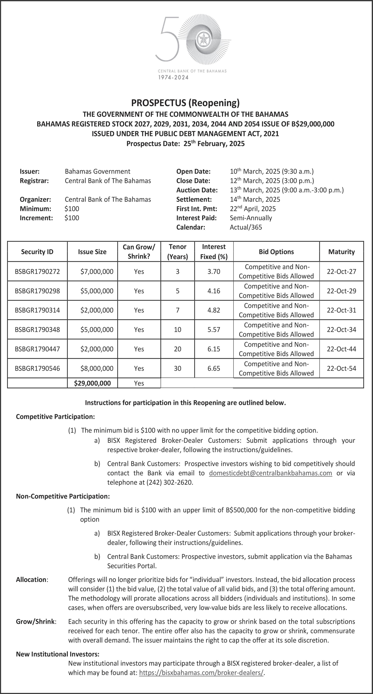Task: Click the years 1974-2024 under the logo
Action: [173, 78]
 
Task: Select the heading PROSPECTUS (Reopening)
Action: [185, 103]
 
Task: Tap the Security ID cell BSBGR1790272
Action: [37, 272]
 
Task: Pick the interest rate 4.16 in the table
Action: [214, 291]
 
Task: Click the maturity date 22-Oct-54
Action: [341, 368]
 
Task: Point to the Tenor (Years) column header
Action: [177, 252]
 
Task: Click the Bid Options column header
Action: [276, 252]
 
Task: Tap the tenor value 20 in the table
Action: [177, 349]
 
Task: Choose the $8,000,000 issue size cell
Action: [97, 368]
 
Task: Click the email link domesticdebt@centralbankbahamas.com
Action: [270, 473]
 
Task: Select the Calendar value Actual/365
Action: [245, 227]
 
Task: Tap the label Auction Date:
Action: [197, 190]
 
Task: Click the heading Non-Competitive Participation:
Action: [63, 496]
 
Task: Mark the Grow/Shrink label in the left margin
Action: [36, 622]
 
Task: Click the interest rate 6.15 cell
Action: [214, 349]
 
